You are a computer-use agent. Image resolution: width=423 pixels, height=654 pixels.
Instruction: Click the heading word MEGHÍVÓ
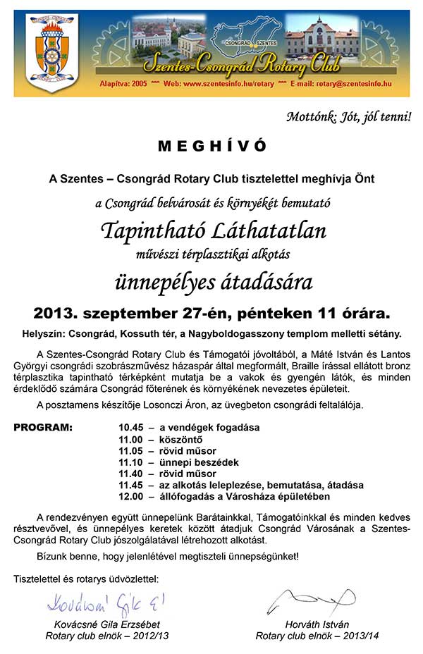pos(212,146)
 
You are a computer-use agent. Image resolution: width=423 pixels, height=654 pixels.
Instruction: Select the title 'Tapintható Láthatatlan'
pos(213,230)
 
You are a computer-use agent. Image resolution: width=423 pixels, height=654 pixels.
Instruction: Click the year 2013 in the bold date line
pos(56,311)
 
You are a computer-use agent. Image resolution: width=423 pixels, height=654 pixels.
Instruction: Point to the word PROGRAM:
pos(42,427)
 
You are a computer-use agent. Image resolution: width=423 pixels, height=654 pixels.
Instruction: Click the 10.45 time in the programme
pos(131,427)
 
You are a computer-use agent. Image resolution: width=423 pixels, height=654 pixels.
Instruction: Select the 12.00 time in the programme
pos(131,498)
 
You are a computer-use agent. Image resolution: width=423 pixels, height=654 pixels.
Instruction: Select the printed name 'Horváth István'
pos(307,624)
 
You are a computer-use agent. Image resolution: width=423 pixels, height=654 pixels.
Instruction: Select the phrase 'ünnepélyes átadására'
pos(213,281)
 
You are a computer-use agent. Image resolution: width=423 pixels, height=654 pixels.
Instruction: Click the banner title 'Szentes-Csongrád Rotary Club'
pos(241,66)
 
